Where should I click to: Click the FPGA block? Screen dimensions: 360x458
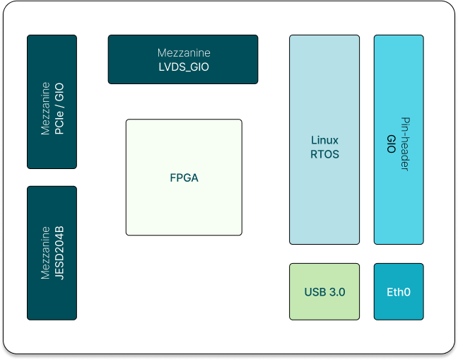click(184, 178)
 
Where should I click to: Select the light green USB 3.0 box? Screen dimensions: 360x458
click(324, 291)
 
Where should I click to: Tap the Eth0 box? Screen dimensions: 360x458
click(399, 291)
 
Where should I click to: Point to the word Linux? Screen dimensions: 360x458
click(324, 140)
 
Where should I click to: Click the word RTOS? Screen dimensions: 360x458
click(324, 153)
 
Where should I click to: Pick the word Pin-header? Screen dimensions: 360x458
click(406, 144)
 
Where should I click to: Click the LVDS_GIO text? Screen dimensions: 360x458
click(184, 67)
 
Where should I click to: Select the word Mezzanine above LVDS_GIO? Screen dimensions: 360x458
click(184, 53)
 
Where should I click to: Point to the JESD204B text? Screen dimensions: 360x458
click(59, 252)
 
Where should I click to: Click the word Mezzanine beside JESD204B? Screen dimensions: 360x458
click(45, 252)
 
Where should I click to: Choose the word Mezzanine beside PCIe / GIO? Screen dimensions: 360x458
click(45, 108)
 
